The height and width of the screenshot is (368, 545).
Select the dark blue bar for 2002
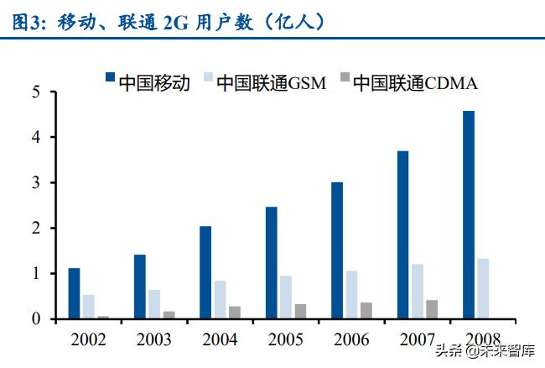pyautogui.click(x=74, y=293)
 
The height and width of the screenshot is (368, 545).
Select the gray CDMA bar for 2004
pyautogui.click(x=234, y=312)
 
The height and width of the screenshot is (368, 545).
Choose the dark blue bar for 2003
pyautogui.click(x=140, y=287)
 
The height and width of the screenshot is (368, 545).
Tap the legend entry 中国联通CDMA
pyautogui.click(x=407, y=81)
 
